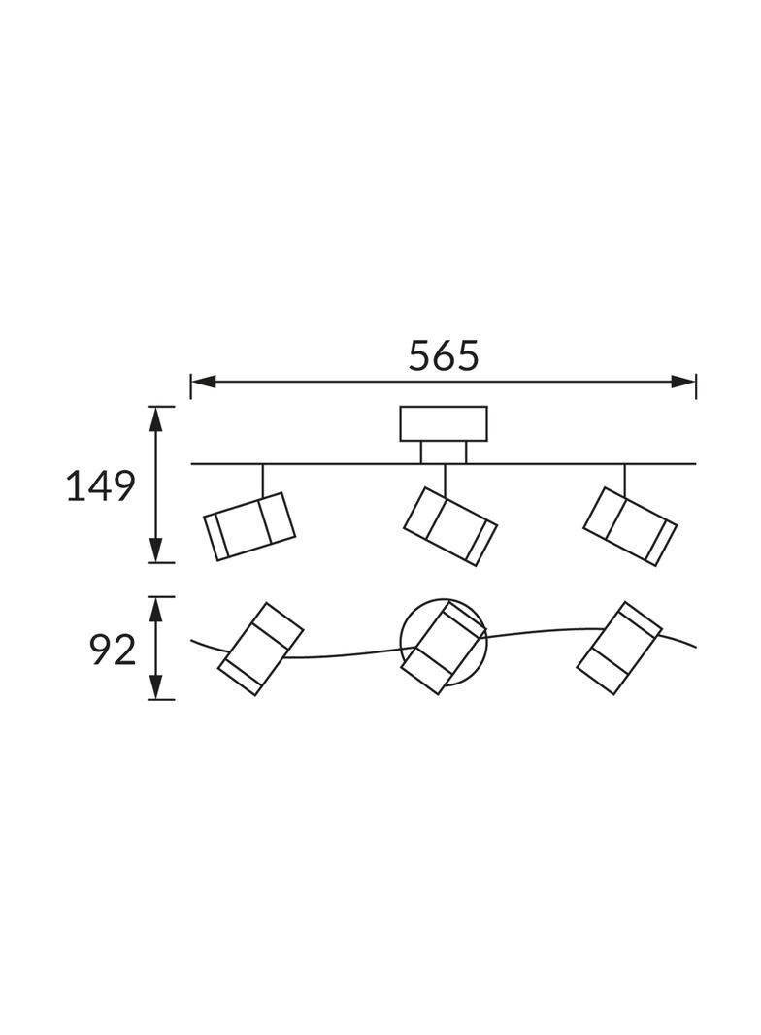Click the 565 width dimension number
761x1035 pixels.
coord(443,355)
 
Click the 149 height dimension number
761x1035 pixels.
coord(101,486)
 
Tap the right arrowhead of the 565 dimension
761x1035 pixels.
coord(683,382)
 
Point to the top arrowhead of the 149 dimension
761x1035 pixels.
coord(155,418)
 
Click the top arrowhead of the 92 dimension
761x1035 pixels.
coord(155,609)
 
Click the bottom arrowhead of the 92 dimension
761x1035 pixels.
coord(155,685)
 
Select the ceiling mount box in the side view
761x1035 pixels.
coord(444,423)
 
